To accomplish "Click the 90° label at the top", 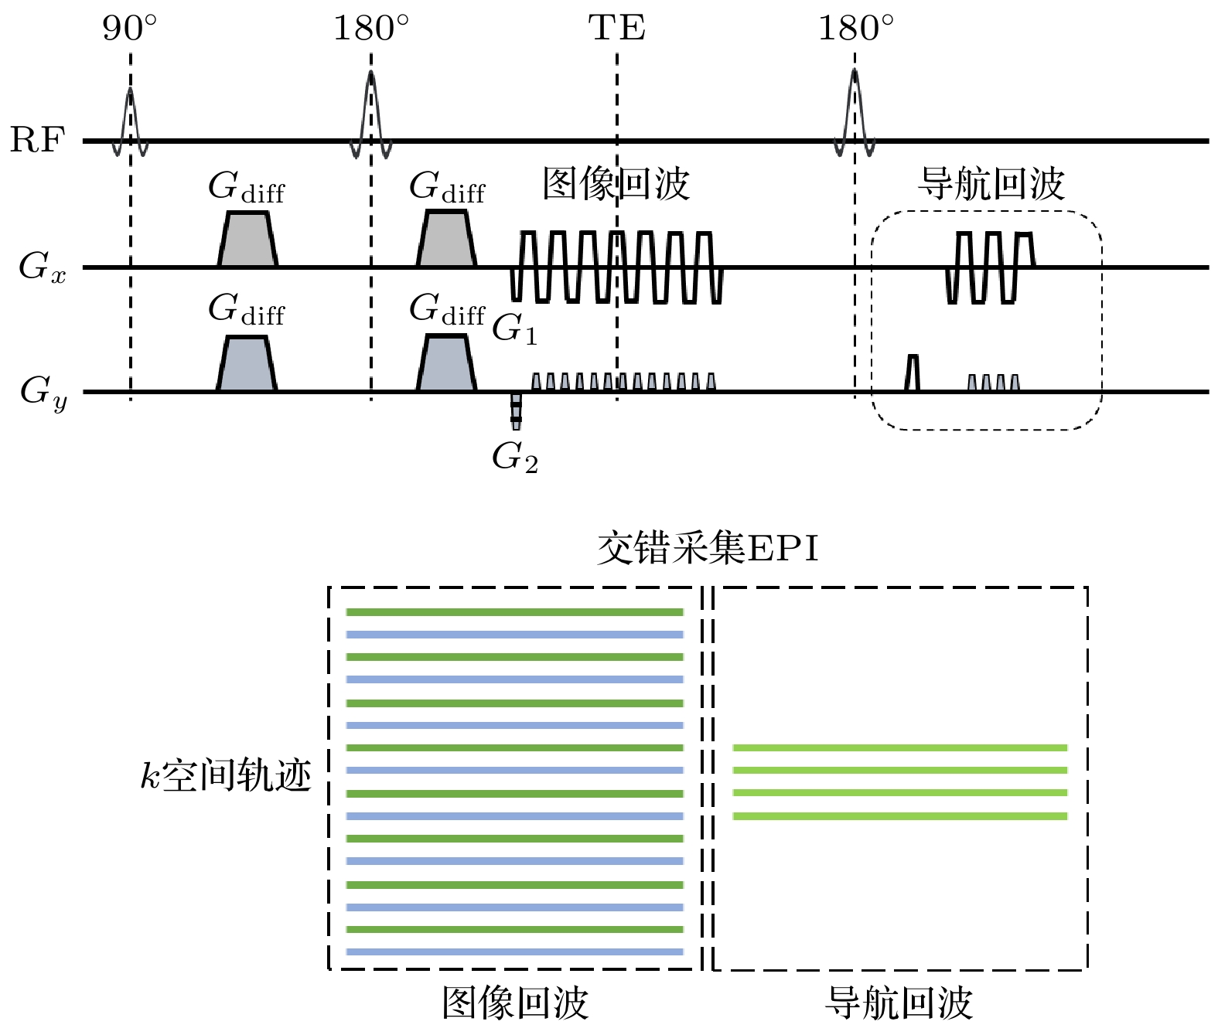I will (x=129, y=29).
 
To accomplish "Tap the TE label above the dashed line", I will (x=616, y=29).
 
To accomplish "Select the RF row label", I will (x=37, y=141).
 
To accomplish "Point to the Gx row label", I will (x=43, y=267).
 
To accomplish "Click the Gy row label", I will (x=43, y=391).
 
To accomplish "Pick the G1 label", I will (x=514, y=329).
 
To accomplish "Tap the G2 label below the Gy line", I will (x=514, y=458).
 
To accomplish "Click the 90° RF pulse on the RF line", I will (x=130, y=120).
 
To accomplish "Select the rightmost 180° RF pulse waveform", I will (x=855, y=112).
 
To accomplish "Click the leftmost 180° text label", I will (x=371, y=29).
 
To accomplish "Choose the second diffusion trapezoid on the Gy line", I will (x=446, y=365).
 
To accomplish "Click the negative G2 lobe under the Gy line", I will (x=516, y=410).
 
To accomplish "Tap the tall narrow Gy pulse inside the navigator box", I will (x=913, y=373).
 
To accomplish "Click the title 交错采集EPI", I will (x=708, y=550).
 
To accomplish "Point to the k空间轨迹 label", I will (x=226, y=775).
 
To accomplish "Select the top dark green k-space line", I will (x=514, y=612).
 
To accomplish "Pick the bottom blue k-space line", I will (x=514, y=952).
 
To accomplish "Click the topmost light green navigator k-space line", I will (x=899, y=747).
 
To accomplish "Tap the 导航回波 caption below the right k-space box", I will (x=899, y=1003).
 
